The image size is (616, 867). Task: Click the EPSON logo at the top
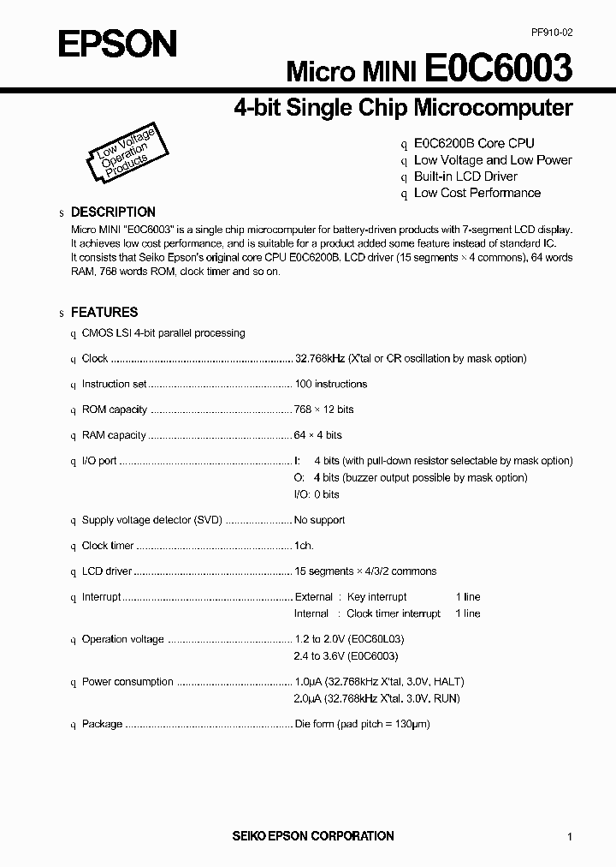(x=117, y=43)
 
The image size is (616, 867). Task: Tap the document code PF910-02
(x=551, y=33)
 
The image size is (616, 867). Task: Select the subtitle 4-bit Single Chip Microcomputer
(x=403, y=108)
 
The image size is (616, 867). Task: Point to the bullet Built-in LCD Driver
(x=465, y=176)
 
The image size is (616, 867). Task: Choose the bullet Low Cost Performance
(x=477, y=193)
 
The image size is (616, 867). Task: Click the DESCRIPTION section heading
(x=113, y=212)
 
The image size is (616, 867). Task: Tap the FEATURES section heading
(x=104, y=313)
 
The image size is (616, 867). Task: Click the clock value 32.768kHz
(x=319, y=358)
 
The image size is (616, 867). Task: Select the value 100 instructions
(x=330, y=384)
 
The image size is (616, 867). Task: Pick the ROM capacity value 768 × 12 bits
(x=323, y=410)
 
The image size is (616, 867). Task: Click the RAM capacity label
(x=114, y=435)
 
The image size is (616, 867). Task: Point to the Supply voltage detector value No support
(x=319, y=520)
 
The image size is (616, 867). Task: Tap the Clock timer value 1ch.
(x=304, y=546)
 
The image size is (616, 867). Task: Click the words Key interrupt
(x=377, y=596)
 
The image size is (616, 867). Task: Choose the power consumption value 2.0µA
(x=306, y=699)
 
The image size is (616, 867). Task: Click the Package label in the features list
(x=102, y=724)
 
